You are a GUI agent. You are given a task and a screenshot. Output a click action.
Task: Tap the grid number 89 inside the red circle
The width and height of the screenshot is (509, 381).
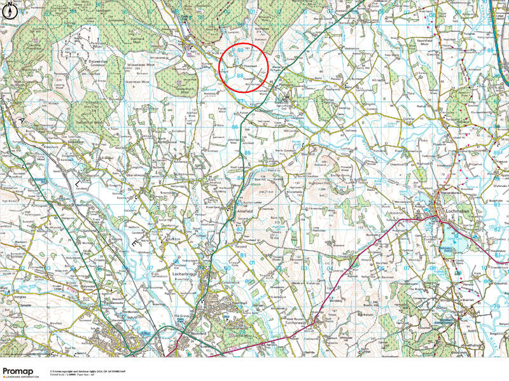point(240,50)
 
